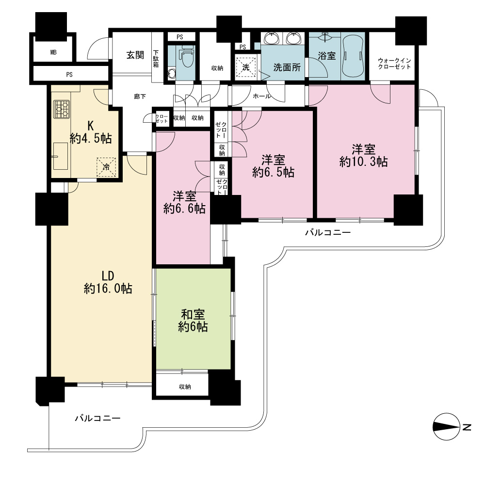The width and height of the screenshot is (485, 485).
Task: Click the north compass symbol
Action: point(446,426)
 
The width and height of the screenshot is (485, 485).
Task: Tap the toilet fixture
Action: point(187,57)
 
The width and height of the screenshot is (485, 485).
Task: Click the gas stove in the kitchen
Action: point(62,109)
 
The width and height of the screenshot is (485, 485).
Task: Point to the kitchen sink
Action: point(60,156)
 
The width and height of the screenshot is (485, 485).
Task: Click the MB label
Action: point(53,52)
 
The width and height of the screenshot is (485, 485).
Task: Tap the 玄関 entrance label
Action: point(135,55)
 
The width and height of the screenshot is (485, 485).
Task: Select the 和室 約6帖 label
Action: point(193,321)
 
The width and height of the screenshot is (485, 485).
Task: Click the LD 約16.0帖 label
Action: point(108,282)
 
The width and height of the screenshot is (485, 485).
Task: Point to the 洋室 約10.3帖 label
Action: point(363,156)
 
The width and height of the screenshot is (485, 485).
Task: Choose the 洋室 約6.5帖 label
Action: point(273,166)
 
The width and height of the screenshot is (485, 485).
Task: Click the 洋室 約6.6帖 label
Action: point(184,203)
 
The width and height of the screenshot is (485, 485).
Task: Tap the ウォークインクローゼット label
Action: point(394,64)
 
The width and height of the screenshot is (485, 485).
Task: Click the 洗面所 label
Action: point(287,67)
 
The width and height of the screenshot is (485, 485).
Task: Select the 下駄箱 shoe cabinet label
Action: point(156,59)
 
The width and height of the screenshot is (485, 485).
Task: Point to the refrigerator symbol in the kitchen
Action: point(106,167)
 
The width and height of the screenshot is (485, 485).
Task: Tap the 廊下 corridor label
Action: point(140,97)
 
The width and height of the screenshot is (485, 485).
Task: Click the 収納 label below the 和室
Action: point(185,387)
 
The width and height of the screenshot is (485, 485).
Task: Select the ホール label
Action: point(262,96)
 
